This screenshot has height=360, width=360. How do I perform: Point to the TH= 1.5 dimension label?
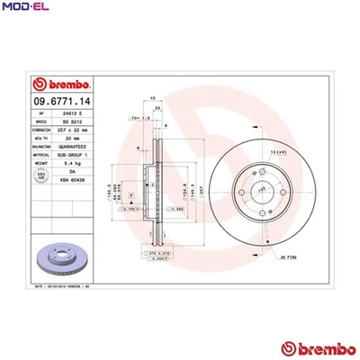140,117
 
